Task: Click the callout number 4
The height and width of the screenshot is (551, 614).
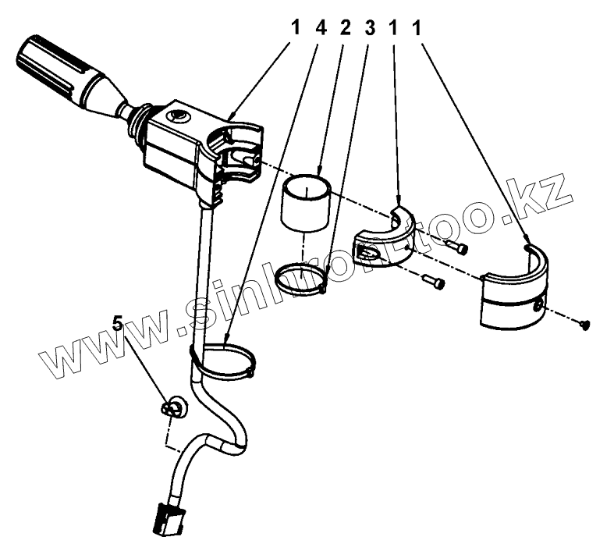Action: pyautogui.click(x=321, y=28)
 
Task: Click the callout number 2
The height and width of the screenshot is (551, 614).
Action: pyautogui.click(x=346, y=28)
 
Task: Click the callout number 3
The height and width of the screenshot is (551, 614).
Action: pyautogui.click(x=369, y=28)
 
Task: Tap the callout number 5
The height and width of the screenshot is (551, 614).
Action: pyautogui.click(x=118, y=324)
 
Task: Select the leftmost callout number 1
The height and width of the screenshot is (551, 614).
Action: pyautogui.click(x=295, y=28)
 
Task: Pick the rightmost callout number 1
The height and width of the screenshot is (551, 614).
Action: pyautogui.click(x=417, y=28)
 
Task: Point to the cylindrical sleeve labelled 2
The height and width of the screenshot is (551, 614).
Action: pyautogui.click(x=306, y=204)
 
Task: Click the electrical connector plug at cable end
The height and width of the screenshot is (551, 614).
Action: pyautogui.click(x=169, y=519)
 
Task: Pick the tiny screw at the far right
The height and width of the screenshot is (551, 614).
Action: pyautogui.click(x=584, y=325)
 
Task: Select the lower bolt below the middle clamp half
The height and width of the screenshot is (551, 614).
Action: pyautogui.click(x=434, y=281)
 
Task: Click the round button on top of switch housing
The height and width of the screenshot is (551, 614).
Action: pyautogui.click(x=177, y=117)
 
